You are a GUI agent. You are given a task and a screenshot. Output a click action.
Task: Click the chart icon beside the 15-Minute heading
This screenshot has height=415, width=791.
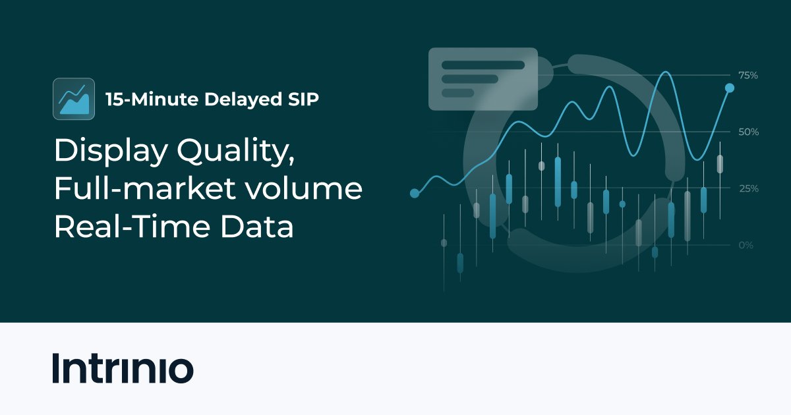click(x=74, y=99)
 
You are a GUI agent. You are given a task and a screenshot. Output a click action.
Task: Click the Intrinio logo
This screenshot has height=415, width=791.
click(x=123, y=369)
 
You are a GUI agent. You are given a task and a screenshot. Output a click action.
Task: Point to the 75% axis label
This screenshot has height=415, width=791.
click(x=747, y=76)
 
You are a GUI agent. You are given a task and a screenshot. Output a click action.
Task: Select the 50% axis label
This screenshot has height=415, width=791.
click(x=748, y=132)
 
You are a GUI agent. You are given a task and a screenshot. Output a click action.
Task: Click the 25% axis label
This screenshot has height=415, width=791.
click(x=748, y=189)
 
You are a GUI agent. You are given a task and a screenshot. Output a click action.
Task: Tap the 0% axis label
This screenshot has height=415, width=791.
click(x=746, y=245)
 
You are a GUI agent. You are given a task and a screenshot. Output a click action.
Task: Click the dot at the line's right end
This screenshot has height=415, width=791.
click(x=730, y=88)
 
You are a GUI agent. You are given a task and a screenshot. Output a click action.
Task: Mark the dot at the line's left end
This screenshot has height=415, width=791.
click(x=415, y=194)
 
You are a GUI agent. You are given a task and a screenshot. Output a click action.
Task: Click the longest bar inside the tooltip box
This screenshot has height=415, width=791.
click(x=483, y=65)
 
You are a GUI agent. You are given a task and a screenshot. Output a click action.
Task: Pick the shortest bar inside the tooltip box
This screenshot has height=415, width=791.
click(x=458, y=93)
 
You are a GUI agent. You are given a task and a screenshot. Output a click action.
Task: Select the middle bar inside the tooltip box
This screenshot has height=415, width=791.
click(x=469, y=79)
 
